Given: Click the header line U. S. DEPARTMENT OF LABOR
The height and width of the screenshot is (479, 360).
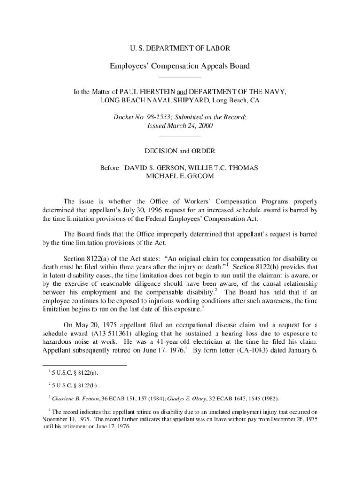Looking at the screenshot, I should (x=180, y=48).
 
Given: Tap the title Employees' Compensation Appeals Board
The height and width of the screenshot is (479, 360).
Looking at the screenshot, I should (x=180, y=66).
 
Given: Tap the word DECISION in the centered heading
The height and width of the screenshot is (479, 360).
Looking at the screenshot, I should (x=161, y=151).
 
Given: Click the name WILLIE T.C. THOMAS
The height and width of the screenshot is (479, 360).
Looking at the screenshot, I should (x=223, y=167).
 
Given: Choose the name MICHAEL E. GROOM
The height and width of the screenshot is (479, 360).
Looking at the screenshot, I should (x=180, y=176).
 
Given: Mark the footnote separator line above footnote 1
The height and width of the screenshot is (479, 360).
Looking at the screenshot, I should (x=85, y=365).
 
